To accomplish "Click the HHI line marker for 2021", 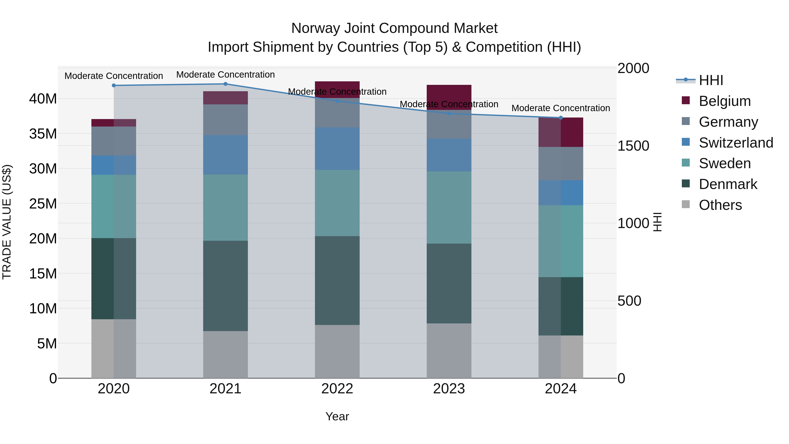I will click(226, 84).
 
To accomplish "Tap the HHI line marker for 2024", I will click(561, 118).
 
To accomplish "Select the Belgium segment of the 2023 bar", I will click(449, 97).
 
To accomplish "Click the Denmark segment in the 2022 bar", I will click(337, 280).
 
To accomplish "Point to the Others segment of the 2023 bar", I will click(449, 351).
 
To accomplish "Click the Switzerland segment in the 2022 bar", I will click(337, 149).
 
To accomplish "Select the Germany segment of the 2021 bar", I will click(226, 119).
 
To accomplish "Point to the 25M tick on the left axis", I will click(43, 204).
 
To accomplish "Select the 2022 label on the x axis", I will click(337, 389).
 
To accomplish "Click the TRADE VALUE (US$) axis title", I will click(7, 222).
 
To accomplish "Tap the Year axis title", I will click(337, 416).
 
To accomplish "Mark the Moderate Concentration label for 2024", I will click(561, 108).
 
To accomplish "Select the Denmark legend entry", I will click(728, 184).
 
